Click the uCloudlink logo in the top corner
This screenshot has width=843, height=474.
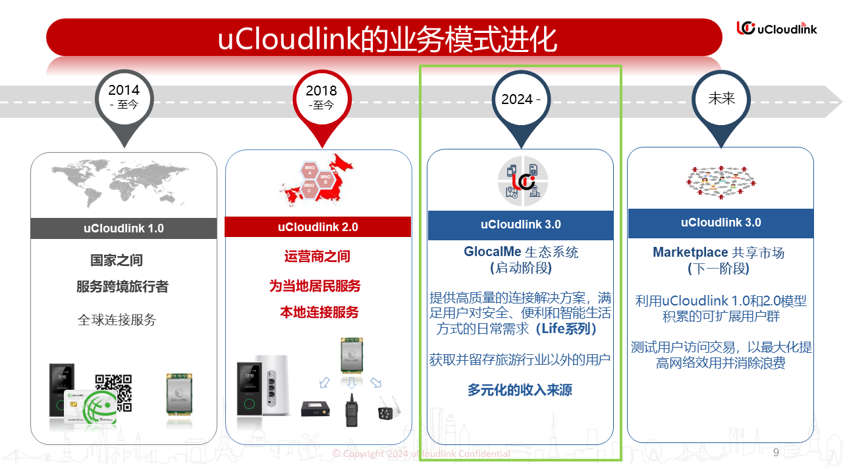[776, 28]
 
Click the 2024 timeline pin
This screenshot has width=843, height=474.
[521, 99]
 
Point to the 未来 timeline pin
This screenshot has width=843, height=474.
[721, 99]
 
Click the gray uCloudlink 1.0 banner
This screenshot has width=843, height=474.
[124, 228]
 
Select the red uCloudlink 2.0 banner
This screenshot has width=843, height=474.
[318, 227]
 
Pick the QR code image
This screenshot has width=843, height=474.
[113, 392]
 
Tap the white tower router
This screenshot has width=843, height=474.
[271, 386]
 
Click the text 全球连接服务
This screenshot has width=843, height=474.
[117, 320]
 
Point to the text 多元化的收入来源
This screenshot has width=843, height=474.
[520, 390]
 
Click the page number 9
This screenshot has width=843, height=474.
[776, 452]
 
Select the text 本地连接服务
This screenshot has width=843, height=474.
[319, 312]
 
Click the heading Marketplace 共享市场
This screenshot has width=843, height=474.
[719, 252]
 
